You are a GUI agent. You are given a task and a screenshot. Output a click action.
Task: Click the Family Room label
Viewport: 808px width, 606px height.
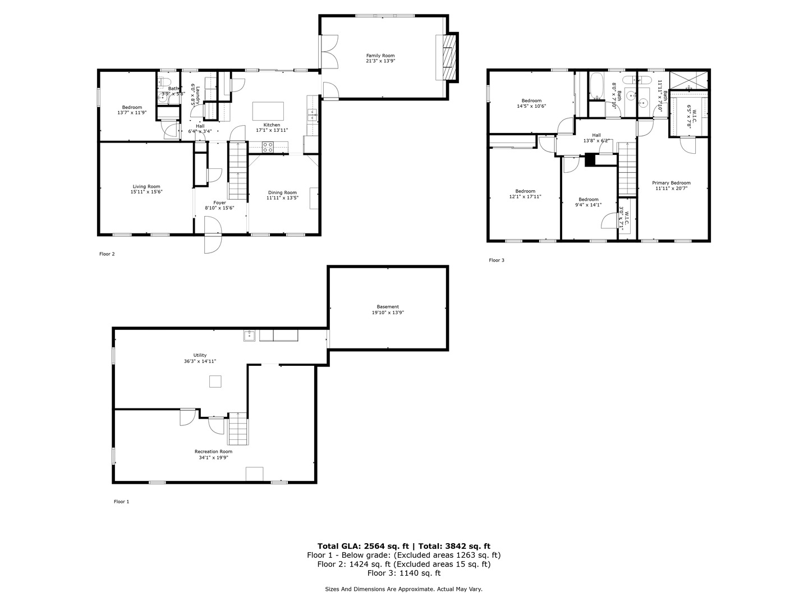(380, 56)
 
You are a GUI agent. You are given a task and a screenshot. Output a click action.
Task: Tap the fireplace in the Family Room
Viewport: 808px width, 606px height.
(448, 58)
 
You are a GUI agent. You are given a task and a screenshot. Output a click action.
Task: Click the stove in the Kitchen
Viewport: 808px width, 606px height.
(268, 148)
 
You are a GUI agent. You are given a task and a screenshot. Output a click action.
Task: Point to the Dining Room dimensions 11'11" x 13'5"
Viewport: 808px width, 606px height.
(282, 198)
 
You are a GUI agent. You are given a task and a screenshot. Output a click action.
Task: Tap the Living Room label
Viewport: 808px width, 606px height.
(146, 187)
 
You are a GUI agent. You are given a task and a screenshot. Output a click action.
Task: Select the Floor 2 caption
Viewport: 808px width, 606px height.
(107, 254)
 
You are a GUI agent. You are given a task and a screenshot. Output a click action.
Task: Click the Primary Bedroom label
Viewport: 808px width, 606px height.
(671, 183)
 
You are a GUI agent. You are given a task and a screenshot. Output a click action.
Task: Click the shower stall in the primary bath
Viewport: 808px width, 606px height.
(689, 80)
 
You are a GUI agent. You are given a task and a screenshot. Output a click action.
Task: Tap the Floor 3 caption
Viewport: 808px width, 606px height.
(497, 260)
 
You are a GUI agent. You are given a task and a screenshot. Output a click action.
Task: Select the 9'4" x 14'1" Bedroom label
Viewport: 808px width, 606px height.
(589, 200)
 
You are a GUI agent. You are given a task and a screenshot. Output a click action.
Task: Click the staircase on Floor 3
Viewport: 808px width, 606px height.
(628, 168)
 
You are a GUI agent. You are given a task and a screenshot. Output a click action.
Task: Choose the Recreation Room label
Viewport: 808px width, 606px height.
(213, 452)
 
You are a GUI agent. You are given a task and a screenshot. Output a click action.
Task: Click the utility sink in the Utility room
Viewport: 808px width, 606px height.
(250, 336)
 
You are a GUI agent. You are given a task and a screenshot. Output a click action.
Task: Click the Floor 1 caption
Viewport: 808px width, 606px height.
(121, 502)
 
